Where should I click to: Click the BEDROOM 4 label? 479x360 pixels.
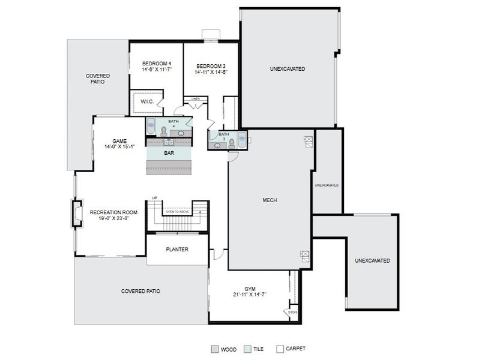tap(157, 63)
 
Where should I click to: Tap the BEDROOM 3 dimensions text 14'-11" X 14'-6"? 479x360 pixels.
tap(211, 72)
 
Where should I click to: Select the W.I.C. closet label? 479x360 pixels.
tap(148, 102)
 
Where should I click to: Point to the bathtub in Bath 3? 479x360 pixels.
tap(241, 140)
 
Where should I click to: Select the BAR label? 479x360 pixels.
tap(169, 152)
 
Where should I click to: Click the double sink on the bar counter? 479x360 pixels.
tap(169, 142)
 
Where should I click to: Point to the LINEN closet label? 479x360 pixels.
tap(196, 98)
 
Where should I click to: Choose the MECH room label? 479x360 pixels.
tap(270, 200)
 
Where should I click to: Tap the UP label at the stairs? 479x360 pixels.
tap(154, 198)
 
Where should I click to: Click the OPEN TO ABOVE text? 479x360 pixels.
tap(178, 212)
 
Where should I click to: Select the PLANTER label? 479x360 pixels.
tap(177, 249)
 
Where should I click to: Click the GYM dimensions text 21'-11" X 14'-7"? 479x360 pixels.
tap(250, 295)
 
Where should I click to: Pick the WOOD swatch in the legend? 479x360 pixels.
tap(214, 349)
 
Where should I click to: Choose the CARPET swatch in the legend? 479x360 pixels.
tap(280, 349)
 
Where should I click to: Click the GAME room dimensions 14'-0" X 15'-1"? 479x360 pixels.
tap(119, 146)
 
